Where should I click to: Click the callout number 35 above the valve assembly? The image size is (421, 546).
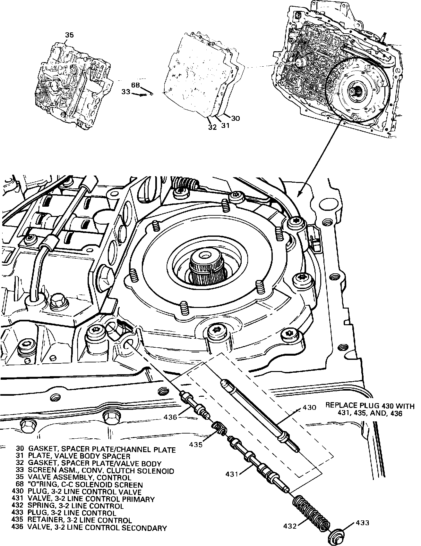tap(69, 35)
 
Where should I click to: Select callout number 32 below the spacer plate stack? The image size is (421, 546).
tap(212, 127)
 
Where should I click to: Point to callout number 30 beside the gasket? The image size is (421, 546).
tap(235, 118)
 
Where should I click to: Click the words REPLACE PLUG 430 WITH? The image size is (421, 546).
tap(370, 405)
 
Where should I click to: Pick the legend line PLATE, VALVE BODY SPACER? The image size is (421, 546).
tap(79, 456)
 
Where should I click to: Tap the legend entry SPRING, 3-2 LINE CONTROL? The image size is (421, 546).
tap(75, 506)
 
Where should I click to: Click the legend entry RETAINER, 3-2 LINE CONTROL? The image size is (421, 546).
tap(80, 521)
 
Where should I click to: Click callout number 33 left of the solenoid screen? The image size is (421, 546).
tap(125, 92)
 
